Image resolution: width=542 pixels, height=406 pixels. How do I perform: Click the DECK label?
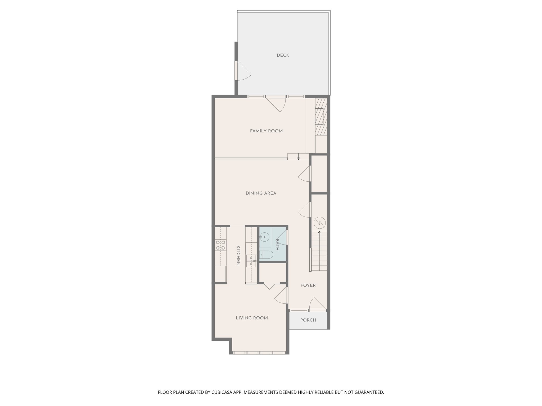(283, 55)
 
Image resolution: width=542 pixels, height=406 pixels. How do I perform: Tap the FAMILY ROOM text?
(266, 131)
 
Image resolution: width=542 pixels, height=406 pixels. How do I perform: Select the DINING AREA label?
(261, 193)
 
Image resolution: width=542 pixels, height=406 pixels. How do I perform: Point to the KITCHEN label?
(238, 256)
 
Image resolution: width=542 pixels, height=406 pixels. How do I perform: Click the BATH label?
(277, 244)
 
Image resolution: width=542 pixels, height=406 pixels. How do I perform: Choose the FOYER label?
(308, 285)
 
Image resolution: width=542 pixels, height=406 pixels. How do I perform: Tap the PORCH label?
(308, 320)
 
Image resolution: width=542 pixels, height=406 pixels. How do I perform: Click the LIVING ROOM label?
(252, 318)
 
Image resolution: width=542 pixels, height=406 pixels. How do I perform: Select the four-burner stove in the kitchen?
(220, 245)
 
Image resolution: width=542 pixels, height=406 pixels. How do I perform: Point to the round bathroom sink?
(264, 237)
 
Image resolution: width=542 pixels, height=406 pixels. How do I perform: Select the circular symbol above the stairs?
(319, 223)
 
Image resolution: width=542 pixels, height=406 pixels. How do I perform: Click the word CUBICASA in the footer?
(223, 392)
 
